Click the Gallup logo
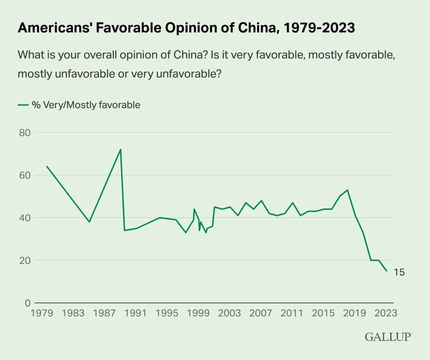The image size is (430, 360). click(388, 337)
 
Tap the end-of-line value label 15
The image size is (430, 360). click(399, 272)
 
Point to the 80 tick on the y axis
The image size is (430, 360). click(25, 132)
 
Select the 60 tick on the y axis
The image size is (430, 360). click(25, 175)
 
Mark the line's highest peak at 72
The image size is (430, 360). click(121, 149)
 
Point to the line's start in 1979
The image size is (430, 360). click(46, 166)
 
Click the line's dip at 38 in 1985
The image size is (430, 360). click(89, 222)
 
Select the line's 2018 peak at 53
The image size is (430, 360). click(347, 190)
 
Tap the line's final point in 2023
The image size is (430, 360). click(387, 271)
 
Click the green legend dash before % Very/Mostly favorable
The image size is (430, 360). click(23, 105)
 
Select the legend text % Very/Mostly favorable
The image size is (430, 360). click(86, 105)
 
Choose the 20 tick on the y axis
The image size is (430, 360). click(25, 260)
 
